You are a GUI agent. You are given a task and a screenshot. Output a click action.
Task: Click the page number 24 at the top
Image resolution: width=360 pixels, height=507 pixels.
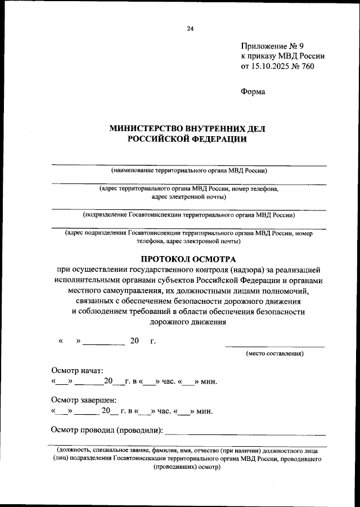pos(190,29)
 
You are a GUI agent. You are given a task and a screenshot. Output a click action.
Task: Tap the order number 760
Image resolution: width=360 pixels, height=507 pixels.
pos(307,66)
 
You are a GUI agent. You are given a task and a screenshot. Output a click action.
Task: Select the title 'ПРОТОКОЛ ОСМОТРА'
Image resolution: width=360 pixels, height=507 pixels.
pos(188,259)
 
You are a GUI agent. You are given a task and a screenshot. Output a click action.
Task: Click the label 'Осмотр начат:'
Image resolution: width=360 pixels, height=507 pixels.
pos(78,371)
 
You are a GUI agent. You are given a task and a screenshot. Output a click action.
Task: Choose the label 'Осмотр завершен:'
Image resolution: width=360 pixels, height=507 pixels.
pos(84,400)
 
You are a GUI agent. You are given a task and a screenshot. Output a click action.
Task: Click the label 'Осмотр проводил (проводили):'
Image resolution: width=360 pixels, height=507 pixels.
pos(107,431)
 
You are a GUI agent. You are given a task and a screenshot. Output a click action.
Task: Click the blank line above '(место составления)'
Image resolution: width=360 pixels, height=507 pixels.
pos(274,346)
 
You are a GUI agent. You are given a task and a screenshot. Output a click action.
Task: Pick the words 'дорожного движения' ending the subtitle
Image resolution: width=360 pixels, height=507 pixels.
pos(188,322)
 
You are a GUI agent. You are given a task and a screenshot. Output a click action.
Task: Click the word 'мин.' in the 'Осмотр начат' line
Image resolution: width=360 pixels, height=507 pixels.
pos(208,382)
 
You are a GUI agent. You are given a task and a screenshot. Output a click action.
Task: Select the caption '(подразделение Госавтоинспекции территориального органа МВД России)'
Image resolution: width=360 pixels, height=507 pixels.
pos(188,214)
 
